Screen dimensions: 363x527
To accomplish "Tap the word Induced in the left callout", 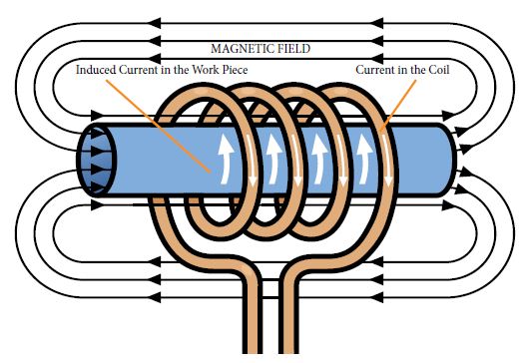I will point(98,71).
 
